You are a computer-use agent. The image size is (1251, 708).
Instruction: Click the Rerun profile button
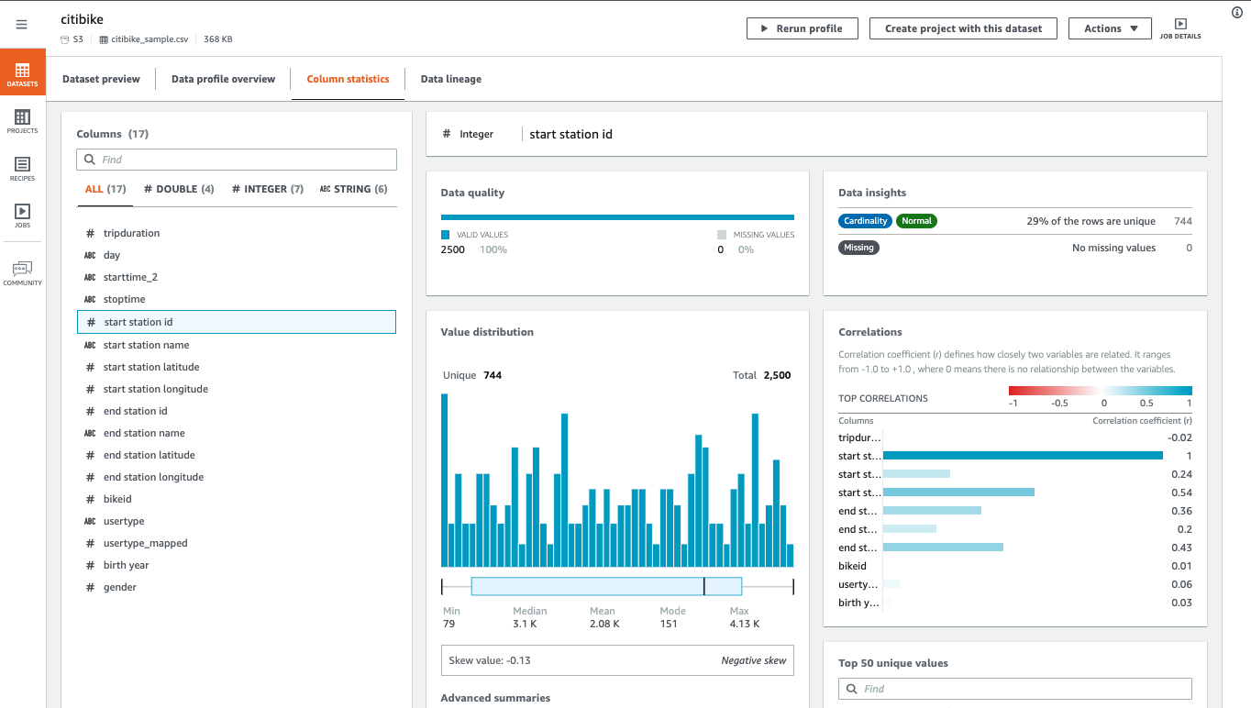click(802, 28)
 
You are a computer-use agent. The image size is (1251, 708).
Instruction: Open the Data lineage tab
click(450, 79)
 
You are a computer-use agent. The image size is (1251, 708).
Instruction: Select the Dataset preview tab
click(101, 79)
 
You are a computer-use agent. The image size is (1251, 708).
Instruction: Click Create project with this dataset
click(963, 28)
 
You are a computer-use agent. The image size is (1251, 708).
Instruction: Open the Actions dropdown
click(1111, 28)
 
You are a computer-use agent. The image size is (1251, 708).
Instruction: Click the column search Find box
click(237, 160)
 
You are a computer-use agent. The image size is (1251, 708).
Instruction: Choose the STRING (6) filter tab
click(353, 189)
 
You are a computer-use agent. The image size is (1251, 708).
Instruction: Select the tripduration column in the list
click(131, 233)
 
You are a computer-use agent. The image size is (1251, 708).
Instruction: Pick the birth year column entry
click(126, 565)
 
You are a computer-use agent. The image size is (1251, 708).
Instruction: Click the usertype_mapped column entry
click(145, 543)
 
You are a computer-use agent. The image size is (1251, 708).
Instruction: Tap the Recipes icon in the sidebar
click(22, 168)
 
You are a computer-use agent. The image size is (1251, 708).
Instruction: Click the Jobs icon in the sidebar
click(22, 216)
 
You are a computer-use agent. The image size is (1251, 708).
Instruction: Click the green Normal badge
click(916, 221)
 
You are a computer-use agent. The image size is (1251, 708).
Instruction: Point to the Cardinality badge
click(866, 221)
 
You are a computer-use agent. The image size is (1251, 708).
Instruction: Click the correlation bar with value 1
click(1023, 456)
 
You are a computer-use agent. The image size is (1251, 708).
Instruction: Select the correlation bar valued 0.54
click(958, 492)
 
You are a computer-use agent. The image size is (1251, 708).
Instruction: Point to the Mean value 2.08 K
click(604, 624)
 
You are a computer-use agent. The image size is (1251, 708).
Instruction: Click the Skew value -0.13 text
click(490, 660)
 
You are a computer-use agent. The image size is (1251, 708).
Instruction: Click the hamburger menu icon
click(22, 25)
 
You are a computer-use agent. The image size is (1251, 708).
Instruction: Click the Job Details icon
click(1180, 28)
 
